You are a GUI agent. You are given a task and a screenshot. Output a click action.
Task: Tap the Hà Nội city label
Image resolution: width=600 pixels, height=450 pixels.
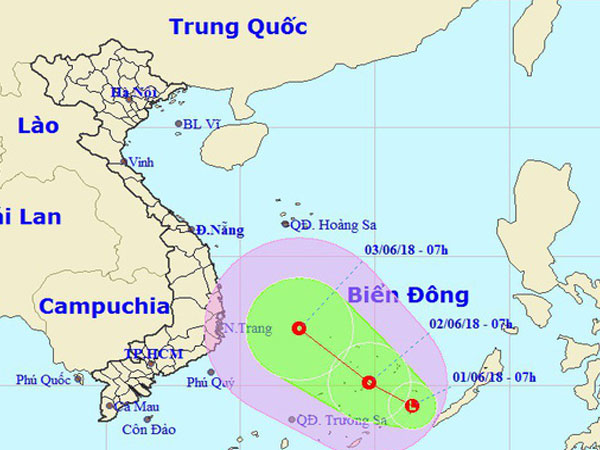134,93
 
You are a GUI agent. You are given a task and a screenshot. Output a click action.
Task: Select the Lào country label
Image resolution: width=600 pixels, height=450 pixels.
38,125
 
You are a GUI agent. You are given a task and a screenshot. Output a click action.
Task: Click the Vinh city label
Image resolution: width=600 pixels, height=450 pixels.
142,161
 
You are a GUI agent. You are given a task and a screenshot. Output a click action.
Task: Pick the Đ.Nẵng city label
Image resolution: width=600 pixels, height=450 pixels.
220,230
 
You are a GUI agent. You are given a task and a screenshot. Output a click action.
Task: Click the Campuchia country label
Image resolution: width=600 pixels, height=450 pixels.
104,305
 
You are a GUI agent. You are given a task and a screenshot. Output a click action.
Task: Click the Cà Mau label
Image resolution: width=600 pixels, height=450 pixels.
136,407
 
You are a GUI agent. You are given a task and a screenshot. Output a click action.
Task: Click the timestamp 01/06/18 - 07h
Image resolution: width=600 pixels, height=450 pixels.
494,376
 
